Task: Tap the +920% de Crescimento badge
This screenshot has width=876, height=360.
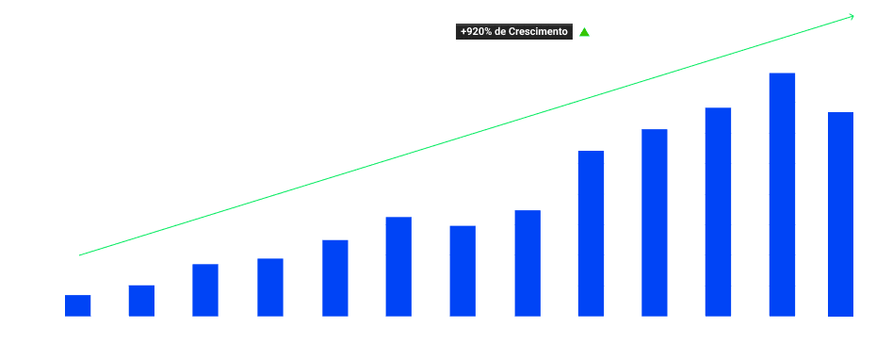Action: tap(513, 31)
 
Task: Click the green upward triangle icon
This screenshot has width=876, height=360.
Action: tap(584, 32)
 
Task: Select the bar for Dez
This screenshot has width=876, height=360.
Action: tap(782, 193)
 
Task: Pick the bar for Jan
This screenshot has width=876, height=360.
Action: tap(78, 305)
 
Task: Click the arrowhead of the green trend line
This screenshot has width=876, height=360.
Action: tap(851, 16)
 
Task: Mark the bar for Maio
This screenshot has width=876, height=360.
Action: tap(334, 277)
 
